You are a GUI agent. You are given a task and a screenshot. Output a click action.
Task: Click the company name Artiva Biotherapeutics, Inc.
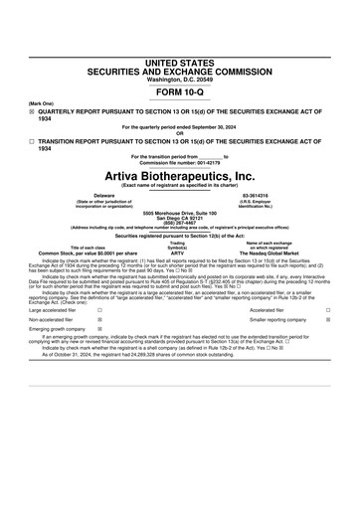(x=179, y=175)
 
